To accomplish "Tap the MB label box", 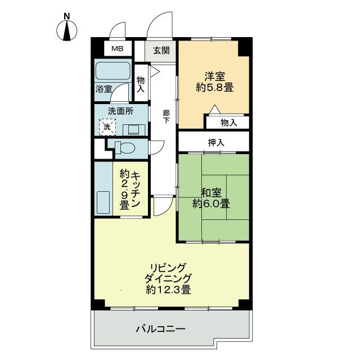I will coord(116,49).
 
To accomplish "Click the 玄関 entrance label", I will coord(161,50).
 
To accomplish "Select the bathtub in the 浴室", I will coord(112,72).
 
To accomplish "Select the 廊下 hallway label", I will coord(166,116).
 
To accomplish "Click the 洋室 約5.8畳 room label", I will coord(214,82).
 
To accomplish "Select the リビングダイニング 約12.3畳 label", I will coord(168,278).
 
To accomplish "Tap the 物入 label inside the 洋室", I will coord(228,122).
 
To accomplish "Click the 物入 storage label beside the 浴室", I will coord(141,84).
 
